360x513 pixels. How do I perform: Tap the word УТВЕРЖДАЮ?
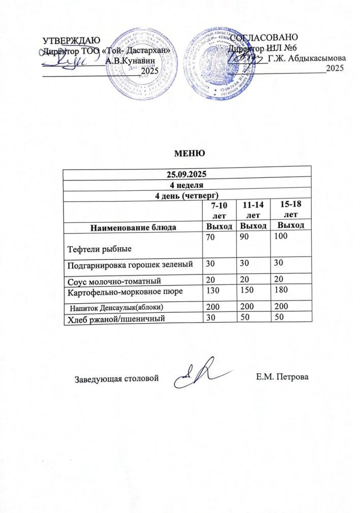(71, 41)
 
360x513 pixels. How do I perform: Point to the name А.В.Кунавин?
(131, 60)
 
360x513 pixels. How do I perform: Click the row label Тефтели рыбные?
(97, 249)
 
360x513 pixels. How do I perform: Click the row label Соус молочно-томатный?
(111, 279)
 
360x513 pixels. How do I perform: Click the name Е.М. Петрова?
(282, 377)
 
